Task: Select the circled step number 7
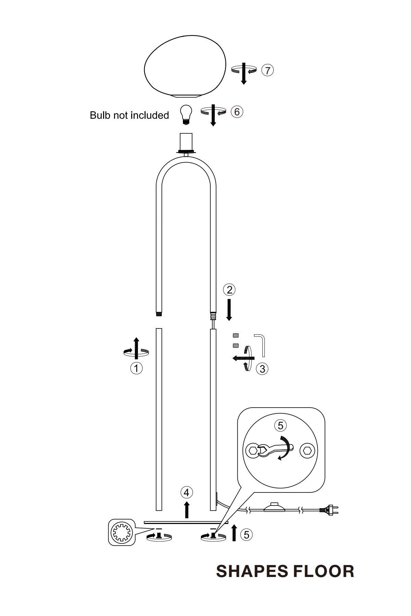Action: (267, 70)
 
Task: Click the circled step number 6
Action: (237, 112)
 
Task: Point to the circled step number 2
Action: (229, 290)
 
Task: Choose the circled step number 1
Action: (136, 368)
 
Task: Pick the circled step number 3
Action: (262, 369)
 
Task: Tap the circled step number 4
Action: (187, 492)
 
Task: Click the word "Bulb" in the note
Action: (100, 115)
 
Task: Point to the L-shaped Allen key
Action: (262, 345)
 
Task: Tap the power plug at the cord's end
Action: (329, 510)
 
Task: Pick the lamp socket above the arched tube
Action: (186, 142)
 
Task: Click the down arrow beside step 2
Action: (229, 310)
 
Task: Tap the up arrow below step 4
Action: (187, 510)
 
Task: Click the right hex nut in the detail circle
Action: (307, 450)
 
